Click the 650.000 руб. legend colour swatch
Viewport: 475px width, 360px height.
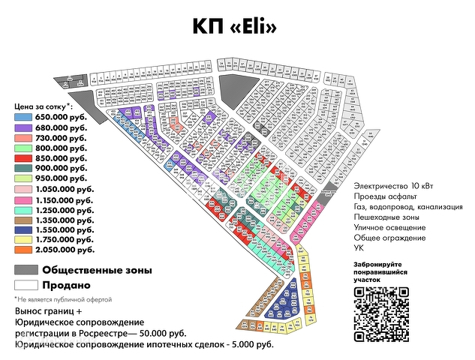[24, 118]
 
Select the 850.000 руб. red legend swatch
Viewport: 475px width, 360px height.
[24, 159]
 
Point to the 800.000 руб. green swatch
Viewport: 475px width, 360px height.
[24, 148]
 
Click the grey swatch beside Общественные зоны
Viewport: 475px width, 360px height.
[26, 270]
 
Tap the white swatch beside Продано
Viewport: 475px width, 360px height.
[26, 285]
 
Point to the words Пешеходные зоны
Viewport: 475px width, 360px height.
[387, 217]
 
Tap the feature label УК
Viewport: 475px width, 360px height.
[359, 247]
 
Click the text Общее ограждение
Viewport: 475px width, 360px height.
[388, 238]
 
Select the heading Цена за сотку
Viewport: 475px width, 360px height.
[42, 106]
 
